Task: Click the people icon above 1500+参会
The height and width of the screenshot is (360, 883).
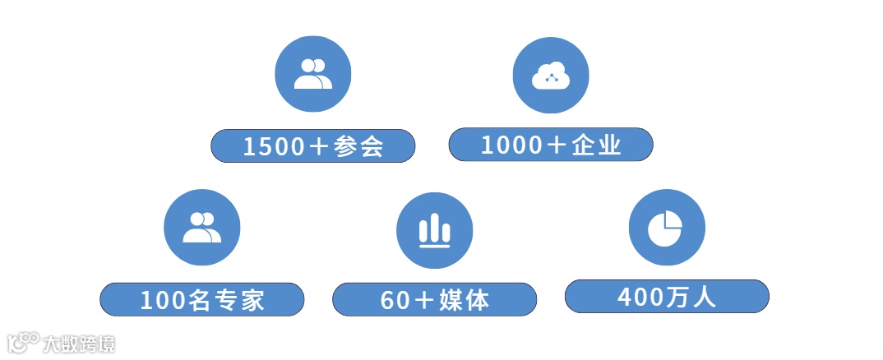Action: pyautogui.click(x=312, y=74)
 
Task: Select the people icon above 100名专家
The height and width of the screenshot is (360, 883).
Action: pyautogui.click(x=202, y=228)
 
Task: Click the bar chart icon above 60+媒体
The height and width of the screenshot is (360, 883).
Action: pyautogui.click(x=435, y=231)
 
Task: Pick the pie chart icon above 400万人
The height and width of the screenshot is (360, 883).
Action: pyautogui.click(x=667, y=228)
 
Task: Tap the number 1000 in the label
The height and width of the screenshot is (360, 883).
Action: pyautogui.click(x=512, y=145)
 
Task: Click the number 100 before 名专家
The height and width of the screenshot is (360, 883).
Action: pyautogui.click(x=164, y=300)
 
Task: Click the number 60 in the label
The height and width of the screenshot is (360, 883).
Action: pyautogui.click(x=395, y=300)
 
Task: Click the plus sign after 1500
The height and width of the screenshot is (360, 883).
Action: pyautogui.click(x=320, y=146)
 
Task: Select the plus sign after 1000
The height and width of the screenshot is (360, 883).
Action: pyautogui.click(x=557, y=145)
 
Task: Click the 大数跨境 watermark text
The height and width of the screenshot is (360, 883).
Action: pyautogui.click(x=80, y=344)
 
